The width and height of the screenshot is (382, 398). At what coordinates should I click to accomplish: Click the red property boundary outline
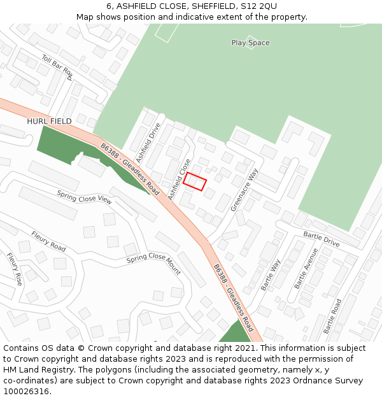pyautogui.click(x=195, y=181)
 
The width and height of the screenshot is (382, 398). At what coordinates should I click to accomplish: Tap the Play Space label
pyautogui.click(x=250, y=43)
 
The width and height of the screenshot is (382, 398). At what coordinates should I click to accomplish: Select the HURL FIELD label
pyautogui.click(x=49, y=121)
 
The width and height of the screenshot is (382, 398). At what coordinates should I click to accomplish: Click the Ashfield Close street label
pyautogui.click(x=180, y=180)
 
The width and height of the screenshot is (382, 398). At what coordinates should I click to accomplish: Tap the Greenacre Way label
pyautogui.click(x=244, y=190)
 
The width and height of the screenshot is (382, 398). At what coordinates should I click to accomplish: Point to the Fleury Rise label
pyautogui.click(x=15, y=269)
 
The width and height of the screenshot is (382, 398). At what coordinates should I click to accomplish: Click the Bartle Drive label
pyautogui.click(x=322, y=239)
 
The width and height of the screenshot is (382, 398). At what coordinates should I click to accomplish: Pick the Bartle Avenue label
pyautogui.click(x=306, y=268)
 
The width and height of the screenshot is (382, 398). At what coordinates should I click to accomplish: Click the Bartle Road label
pyautogui.click(x=332, y=316)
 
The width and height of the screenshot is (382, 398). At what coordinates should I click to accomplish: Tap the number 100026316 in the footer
pyautogui.click(x=26, y=391)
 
